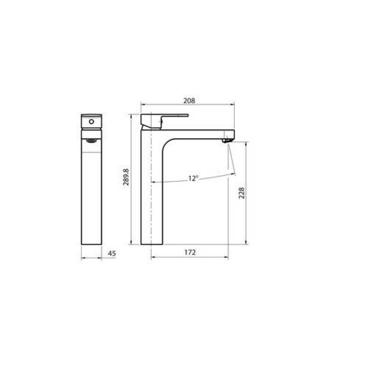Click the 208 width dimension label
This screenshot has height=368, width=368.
pyautogui.click(x=189, y=101)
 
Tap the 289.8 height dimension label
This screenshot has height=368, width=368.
pyautogui.click(x=126, y=177)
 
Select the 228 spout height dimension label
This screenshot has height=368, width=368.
pyautogui.click(x=241, y=193)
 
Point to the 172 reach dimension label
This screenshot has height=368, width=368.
pyautogui.click(x=190, y=252)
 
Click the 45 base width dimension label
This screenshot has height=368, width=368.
pyautogui.click(x=112, y=253)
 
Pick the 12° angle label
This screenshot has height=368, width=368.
pyautogui.click(x=193, y=178)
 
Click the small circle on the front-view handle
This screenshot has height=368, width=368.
pyautogui.click(x=92, y=121)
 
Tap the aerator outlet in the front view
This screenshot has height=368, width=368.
pyautogui.click(x=92, y=141)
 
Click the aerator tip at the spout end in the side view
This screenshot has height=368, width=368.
pyautogui.click(x=227, y=141)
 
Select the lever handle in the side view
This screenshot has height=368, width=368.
pyautogui.click(x=164, y=121)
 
